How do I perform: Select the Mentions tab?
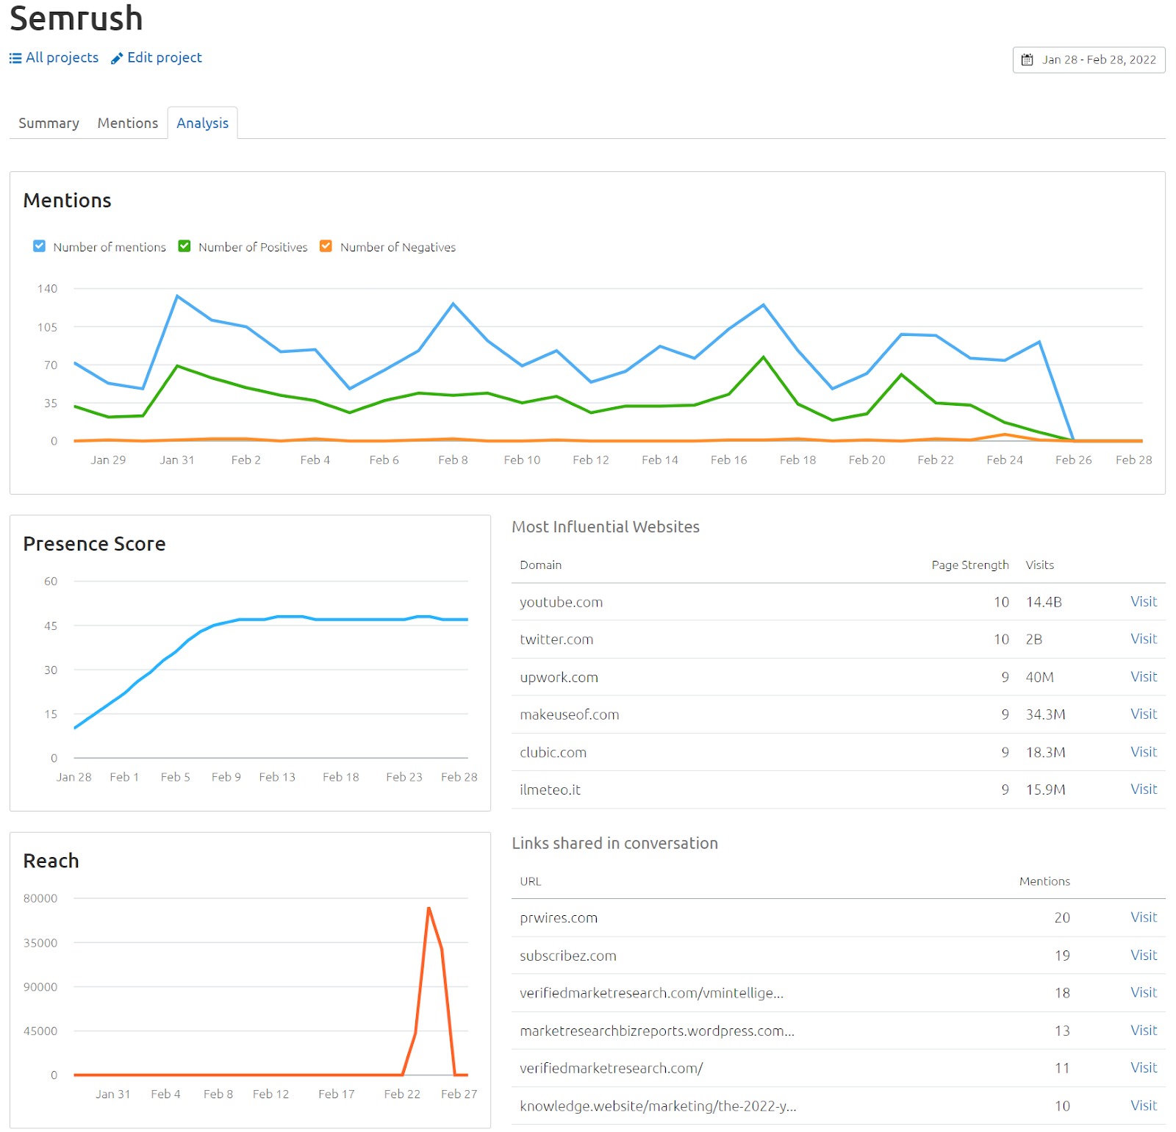[128, 123]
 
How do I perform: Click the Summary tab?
[49, 123]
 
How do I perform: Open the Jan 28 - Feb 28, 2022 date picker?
[1089, 60]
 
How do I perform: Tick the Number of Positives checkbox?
[184, 246]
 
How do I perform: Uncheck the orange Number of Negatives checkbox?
[326, 246]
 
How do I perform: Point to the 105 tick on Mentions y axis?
[47, 327]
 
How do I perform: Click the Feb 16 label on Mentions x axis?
[728, 459]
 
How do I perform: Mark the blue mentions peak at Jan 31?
[177, 296]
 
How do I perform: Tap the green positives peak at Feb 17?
[764, 357]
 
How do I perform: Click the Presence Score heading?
[94, 544]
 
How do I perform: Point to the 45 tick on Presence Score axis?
[50, 626]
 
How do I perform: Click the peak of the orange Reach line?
[429, 909]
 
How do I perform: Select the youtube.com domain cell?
[561, 602]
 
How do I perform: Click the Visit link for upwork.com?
[1143, 676]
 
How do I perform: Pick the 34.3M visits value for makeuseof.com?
[1045, 714]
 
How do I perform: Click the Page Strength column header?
[969, 565]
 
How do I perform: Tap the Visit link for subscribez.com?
[1143, 955]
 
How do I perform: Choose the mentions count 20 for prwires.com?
[1062, 917]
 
